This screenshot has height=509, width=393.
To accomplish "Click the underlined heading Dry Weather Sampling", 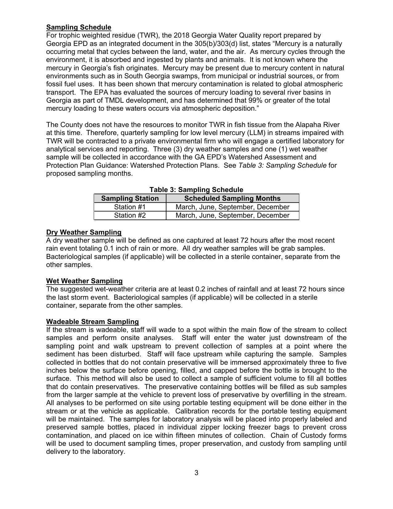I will (84, 232).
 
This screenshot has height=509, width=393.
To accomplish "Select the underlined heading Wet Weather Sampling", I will (84, 281).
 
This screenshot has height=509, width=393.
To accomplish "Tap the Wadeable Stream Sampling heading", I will (92, 322).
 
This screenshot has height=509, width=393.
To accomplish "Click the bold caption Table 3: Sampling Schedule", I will (196, 190).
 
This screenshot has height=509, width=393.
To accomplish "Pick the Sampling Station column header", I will (130, 198).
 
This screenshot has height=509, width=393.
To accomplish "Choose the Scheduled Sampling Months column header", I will (232, 198).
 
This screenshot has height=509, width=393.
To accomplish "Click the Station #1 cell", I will (130, 207).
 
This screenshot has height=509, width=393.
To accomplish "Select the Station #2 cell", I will (130, 215).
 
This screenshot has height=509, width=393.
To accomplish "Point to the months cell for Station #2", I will (232, 215).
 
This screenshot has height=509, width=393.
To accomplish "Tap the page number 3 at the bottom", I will (196, 473).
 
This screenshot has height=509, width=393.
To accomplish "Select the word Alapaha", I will (309, 125).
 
